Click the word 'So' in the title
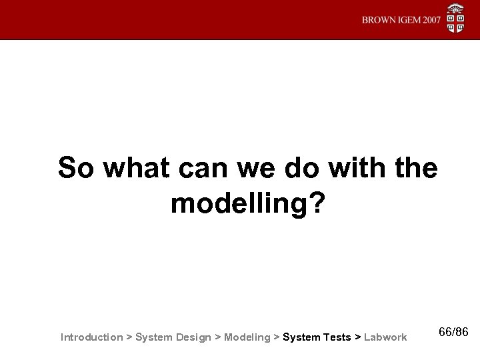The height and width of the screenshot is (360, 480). pyautogui.click(x=75, y=168)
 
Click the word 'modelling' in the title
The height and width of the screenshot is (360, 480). pyautogui.click(x=237, y=204)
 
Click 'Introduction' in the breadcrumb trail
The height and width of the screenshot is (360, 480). pyautogui.click(x=91, y=337)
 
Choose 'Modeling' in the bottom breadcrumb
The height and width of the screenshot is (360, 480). pyautogui.click(x=247, y=337)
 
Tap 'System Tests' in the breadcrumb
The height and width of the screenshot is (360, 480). pyautogui.click(x=317, y=337)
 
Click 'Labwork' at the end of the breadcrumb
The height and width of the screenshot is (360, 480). pyautogui.click(x=385, y=337)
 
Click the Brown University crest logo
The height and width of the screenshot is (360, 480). pyautogui.click(x=457, y=19)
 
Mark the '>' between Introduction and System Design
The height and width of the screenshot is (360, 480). pyautogui.click(x=129, y=337)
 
